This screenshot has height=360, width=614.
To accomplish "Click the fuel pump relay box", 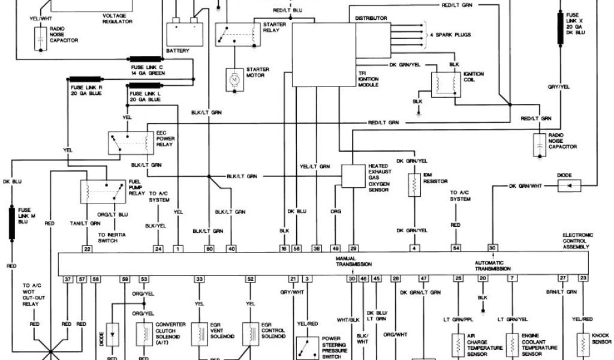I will (x=98, y=190).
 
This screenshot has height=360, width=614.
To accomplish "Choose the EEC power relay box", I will (x=130, y=142).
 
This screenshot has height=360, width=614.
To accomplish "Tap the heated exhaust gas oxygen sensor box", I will (x=354, y=176).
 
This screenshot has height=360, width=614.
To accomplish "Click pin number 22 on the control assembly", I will (x=88, y=248).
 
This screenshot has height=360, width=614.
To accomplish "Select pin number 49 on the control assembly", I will (x=336, y=248).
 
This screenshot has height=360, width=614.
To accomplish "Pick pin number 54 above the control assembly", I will (x=457, y=248).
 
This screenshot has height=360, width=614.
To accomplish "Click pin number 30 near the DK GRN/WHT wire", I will (x=492, y=248).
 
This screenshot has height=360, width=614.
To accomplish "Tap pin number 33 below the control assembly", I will (x=198, y=279).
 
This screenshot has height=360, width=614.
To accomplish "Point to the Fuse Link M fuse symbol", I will (x=11, y=221).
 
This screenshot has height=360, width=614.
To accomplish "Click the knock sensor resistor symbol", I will (x=583, y=345).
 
